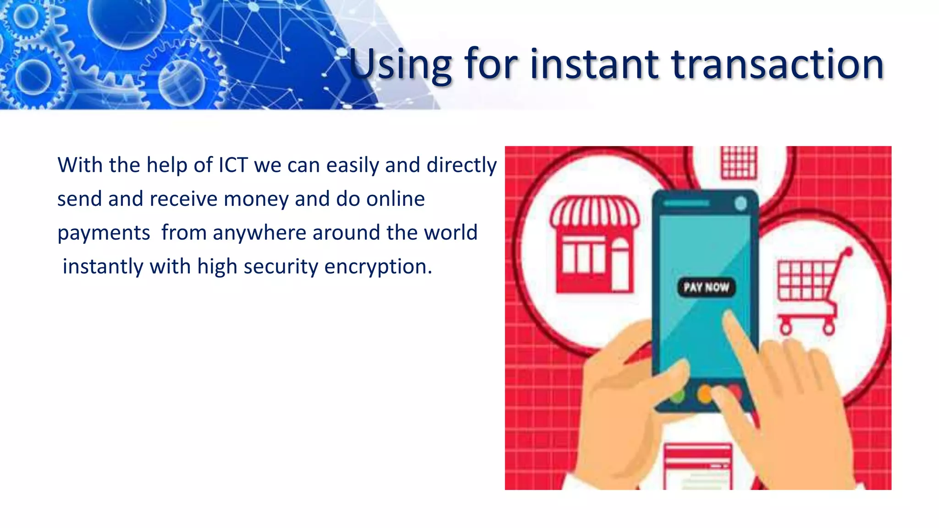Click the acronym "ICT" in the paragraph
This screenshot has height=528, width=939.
coord(233,165)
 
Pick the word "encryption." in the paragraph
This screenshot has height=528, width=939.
coord(378,267)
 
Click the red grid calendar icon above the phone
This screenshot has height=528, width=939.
coord(739,163)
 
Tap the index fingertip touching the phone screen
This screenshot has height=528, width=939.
coord(729,316)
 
